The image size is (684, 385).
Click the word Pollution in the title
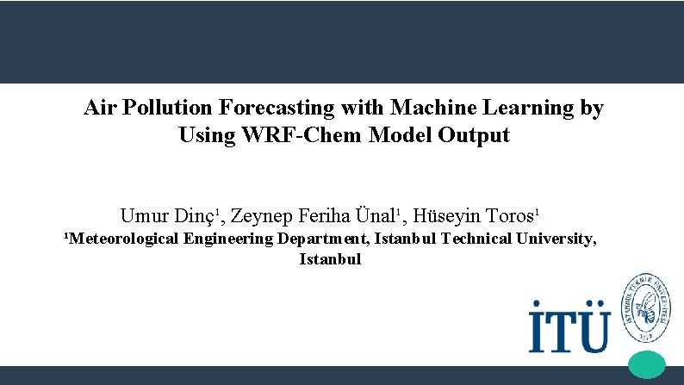click(168, 109)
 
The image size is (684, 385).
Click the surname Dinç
click(194, 214)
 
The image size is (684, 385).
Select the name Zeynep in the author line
click(262, 215)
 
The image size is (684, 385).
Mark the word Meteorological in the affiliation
click(123, 239)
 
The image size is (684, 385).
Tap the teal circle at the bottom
click(648, 364)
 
